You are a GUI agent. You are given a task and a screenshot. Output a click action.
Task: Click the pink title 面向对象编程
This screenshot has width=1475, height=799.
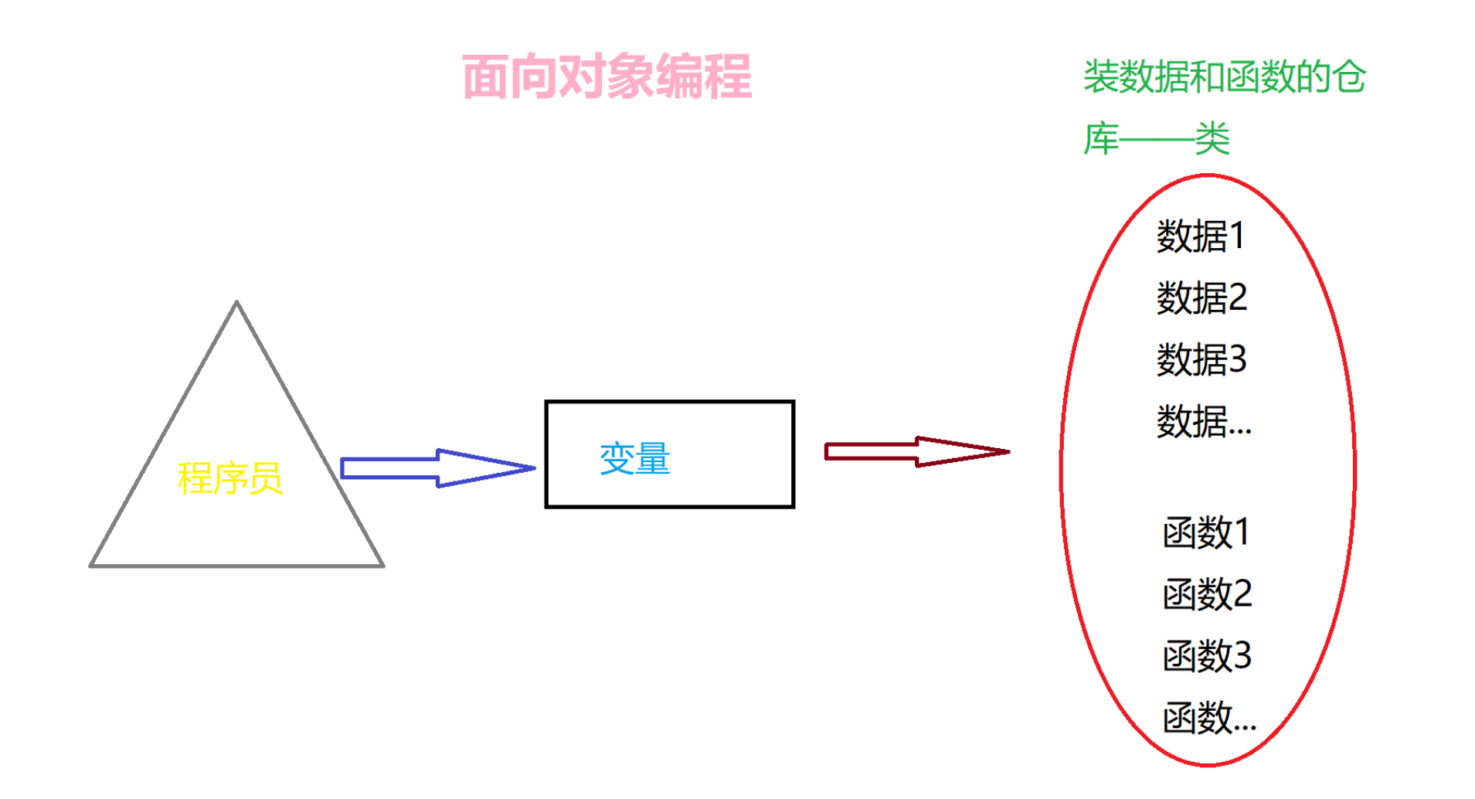607,76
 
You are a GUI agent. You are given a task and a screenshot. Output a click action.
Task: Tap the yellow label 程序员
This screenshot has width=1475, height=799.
229,478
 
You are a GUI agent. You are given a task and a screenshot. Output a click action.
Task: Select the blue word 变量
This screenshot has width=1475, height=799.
634,459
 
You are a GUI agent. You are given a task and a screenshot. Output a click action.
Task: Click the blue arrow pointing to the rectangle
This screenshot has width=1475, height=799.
437,468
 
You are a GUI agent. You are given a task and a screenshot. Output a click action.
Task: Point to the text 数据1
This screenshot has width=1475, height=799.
1200,236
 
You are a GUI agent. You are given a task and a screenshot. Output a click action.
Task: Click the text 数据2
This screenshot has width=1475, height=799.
1201,297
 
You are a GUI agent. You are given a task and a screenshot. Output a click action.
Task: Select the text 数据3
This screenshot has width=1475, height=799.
1201,359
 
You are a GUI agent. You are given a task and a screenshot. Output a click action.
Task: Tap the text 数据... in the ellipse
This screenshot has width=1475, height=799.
1203,422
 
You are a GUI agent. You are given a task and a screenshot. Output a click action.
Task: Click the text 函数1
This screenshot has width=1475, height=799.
1206,532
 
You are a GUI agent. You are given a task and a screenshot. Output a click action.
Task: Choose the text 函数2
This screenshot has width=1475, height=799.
1207,594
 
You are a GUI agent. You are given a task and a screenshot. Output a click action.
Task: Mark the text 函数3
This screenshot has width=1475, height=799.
1207,656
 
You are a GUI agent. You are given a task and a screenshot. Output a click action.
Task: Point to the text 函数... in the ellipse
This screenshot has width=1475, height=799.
1209,718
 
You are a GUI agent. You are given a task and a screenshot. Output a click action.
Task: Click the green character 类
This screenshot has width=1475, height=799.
1212,139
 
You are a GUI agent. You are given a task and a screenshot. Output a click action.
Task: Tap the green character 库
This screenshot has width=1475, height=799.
1101,139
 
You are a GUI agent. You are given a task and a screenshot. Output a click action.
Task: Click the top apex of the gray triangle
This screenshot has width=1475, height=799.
236,303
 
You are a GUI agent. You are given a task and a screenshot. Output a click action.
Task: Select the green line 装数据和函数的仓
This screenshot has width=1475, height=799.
1224,77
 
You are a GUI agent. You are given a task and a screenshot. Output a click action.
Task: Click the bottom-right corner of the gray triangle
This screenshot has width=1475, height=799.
382,566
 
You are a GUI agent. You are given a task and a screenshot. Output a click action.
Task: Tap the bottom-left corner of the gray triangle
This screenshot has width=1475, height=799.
91,566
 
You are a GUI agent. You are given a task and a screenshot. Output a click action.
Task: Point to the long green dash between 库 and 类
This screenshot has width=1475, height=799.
1157,141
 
